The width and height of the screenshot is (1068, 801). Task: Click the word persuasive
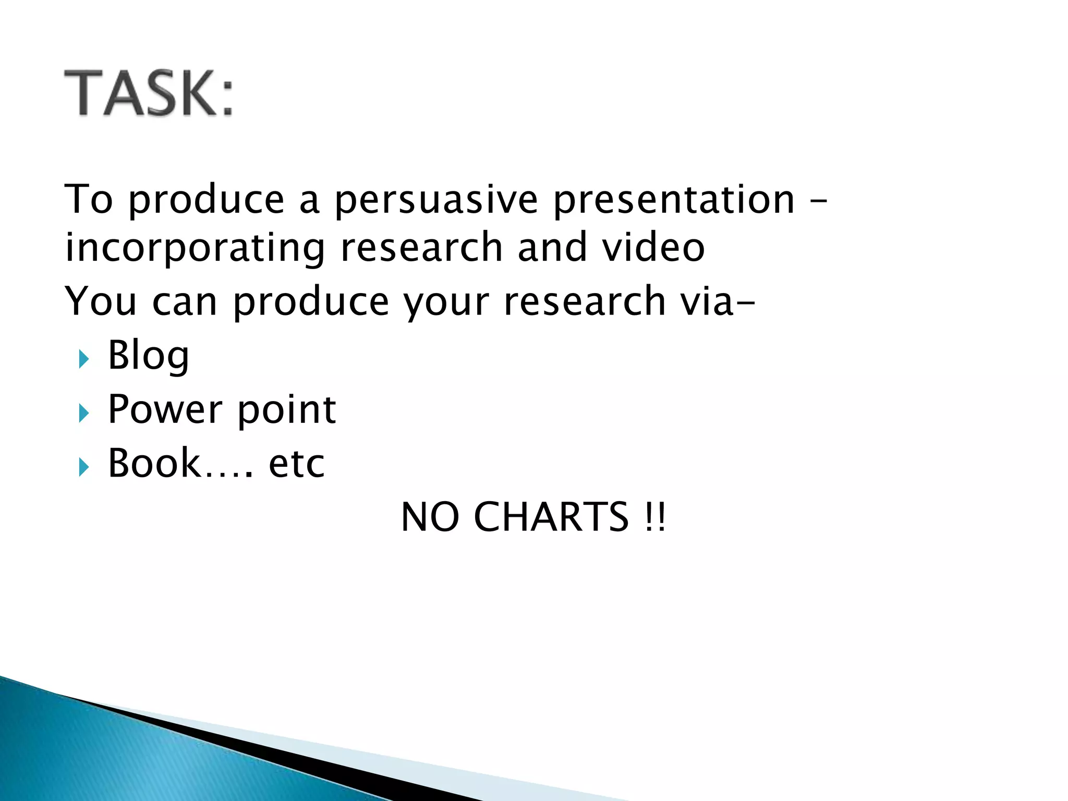coord(436,201)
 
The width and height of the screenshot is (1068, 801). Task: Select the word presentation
coord(674,201)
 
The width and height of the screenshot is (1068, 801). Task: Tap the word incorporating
coord(195,248)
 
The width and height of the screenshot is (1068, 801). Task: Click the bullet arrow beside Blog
coord(84,359)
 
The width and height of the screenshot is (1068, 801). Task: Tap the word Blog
coord(149,356)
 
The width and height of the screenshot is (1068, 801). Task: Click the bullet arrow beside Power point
coord(84,414)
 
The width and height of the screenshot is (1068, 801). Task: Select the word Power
coord(165,410)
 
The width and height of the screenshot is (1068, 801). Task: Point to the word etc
coord(296,464)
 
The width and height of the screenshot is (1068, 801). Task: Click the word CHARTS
coord(551,517)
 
